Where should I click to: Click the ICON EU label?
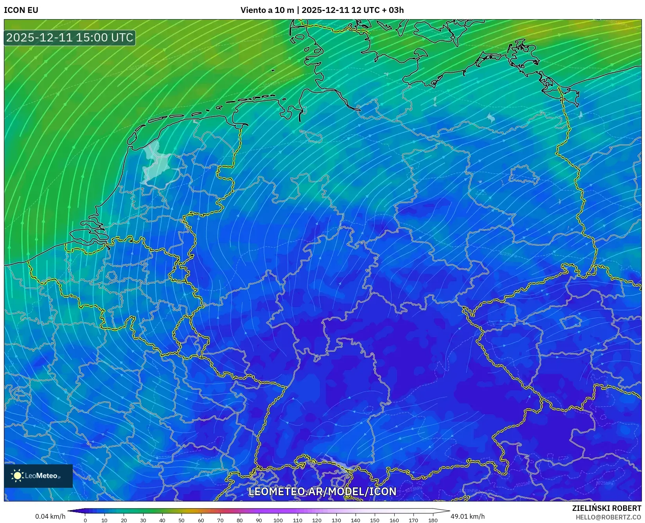[x=21, y=10]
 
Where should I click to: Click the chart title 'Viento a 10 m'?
[x=267, y=10]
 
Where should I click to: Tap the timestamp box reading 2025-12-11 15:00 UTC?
[x=70, y=38]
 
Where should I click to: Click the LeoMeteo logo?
[x=38, y=476]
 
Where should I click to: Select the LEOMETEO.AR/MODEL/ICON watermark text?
[x=322, y=491]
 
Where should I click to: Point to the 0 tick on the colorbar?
[x=85, y=520]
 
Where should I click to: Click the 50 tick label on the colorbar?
[x=181, y=520]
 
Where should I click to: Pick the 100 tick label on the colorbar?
[x=278, y=520]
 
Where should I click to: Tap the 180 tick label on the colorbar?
[x=433, y=520]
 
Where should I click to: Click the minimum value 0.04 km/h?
[x=50, y=516]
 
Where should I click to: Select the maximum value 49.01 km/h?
[x=467, y=516]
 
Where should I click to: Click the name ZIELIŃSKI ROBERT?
[x=607, y=509]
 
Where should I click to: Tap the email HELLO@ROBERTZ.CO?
[x=608, y=517]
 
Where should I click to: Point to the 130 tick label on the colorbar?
[x=336, y=520]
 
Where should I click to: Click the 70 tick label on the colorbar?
[x=220, y=520]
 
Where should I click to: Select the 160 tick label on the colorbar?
[x=394, y=520]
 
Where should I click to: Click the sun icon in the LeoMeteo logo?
[x=17, y=476]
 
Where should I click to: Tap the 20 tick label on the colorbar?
[x=124, y=520]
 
